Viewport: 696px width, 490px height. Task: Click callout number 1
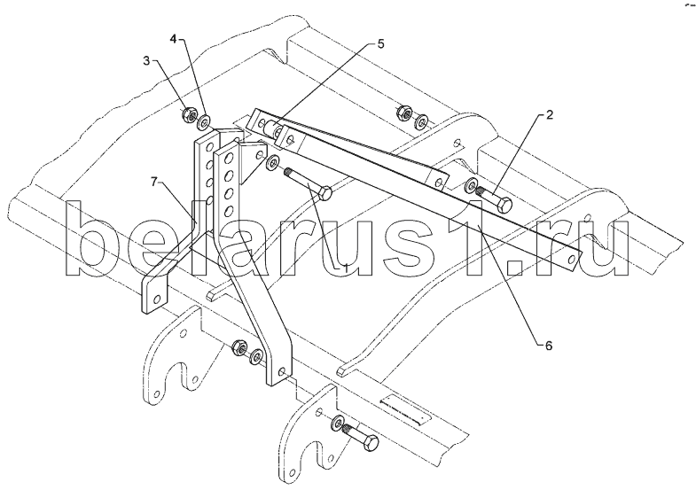[x=345, y=268]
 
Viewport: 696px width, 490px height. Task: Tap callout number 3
[x=147, y=61]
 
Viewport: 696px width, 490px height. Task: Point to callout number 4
[x=174, y=39]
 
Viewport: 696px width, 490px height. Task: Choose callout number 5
[x=380, y=44]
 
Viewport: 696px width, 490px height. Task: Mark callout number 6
[x=549, y=346]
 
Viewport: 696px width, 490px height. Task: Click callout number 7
[x=154, y=182]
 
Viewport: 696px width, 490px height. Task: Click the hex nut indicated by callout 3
[x=188, y=115]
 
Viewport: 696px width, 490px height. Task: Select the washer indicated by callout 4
[x=204, y=122]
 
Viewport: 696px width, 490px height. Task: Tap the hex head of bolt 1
[x=325, y=193]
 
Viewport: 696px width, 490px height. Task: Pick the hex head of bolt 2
[x=504, y=205]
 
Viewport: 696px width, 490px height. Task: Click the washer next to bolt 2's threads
[x=471, y=187]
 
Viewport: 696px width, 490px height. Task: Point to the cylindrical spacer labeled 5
[x=270, y=127]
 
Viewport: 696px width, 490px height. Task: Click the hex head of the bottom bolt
[x=371, y=442]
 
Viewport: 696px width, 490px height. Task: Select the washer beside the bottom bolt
[x=337, y=423]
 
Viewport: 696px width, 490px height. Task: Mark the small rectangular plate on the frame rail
[x=406, y=409]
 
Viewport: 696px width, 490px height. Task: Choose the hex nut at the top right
[x=404, y=113]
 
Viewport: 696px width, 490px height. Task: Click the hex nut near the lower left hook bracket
[x=239, y=348]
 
